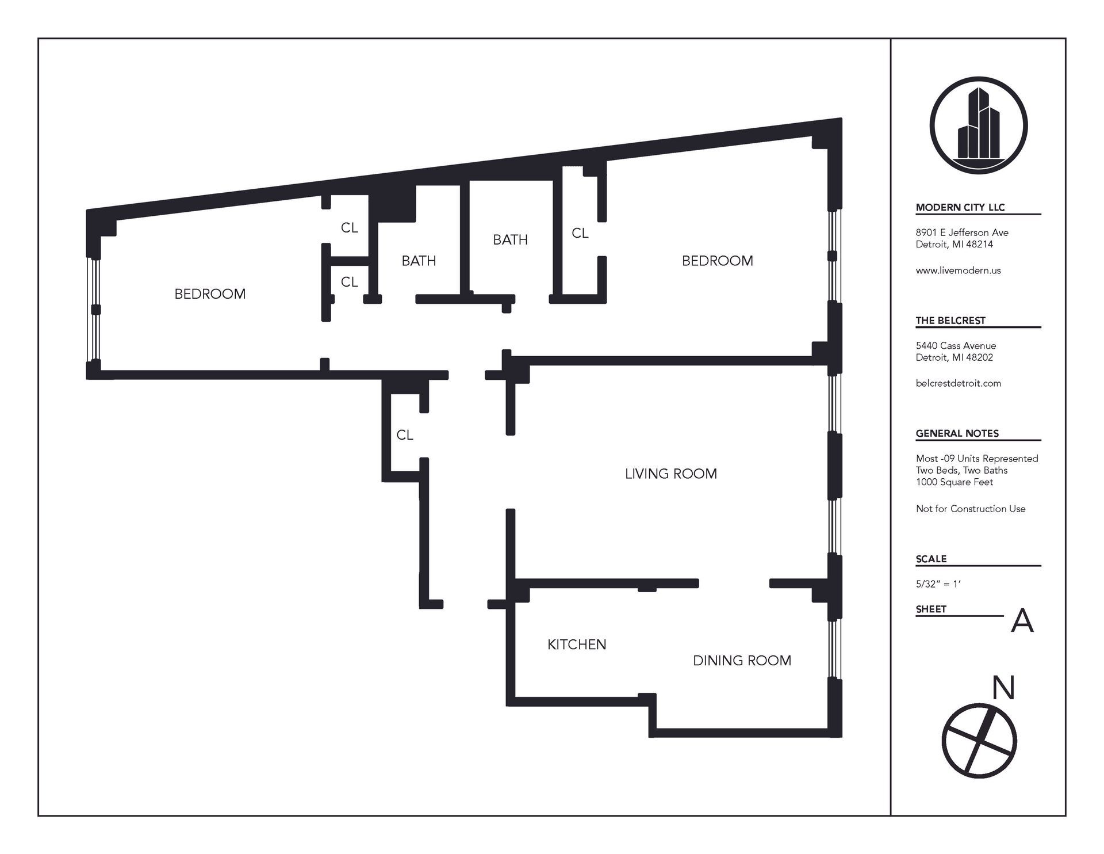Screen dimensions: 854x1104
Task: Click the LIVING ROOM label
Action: pyautogui.click(x=670, y=474)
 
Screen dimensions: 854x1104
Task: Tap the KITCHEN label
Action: pyautogui.click(x=577, y=645)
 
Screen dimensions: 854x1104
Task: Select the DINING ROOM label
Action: pyautogui.click(x=742, y=661)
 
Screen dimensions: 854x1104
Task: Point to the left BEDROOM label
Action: pyautogui.click(x=210, y=294)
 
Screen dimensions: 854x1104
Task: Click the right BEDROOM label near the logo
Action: pyautogui.click(x=717, y=261)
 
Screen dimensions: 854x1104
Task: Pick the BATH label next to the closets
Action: pyautogui.click(x=419, y=261)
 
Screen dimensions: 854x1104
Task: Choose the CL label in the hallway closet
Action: pyautogui.click(x=405, y=435)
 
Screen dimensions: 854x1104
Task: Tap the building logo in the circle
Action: pyautogui.click(x=978, y=125)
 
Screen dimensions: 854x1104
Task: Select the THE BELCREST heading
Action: pyautogui.click(x=950, y=321)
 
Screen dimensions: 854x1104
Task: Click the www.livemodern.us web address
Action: pyautogui.click(x=958, y=270)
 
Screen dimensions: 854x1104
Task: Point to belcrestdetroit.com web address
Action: pyautogui.click(x=958, y=383)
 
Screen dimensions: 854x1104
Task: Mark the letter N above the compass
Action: pyautogui.click(x=1004, y=688)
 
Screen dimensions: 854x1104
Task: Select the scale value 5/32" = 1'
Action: pyautogui.click(x=938, y=584)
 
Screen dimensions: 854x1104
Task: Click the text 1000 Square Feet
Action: pyautogui.click(x=954, y=482)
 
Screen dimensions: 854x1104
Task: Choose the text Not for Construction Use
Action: pyautogui.click(x=971, y=509)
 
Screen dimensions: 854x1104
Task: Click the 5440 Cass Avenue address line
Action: pyautogui.click(x=956, y=346)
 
